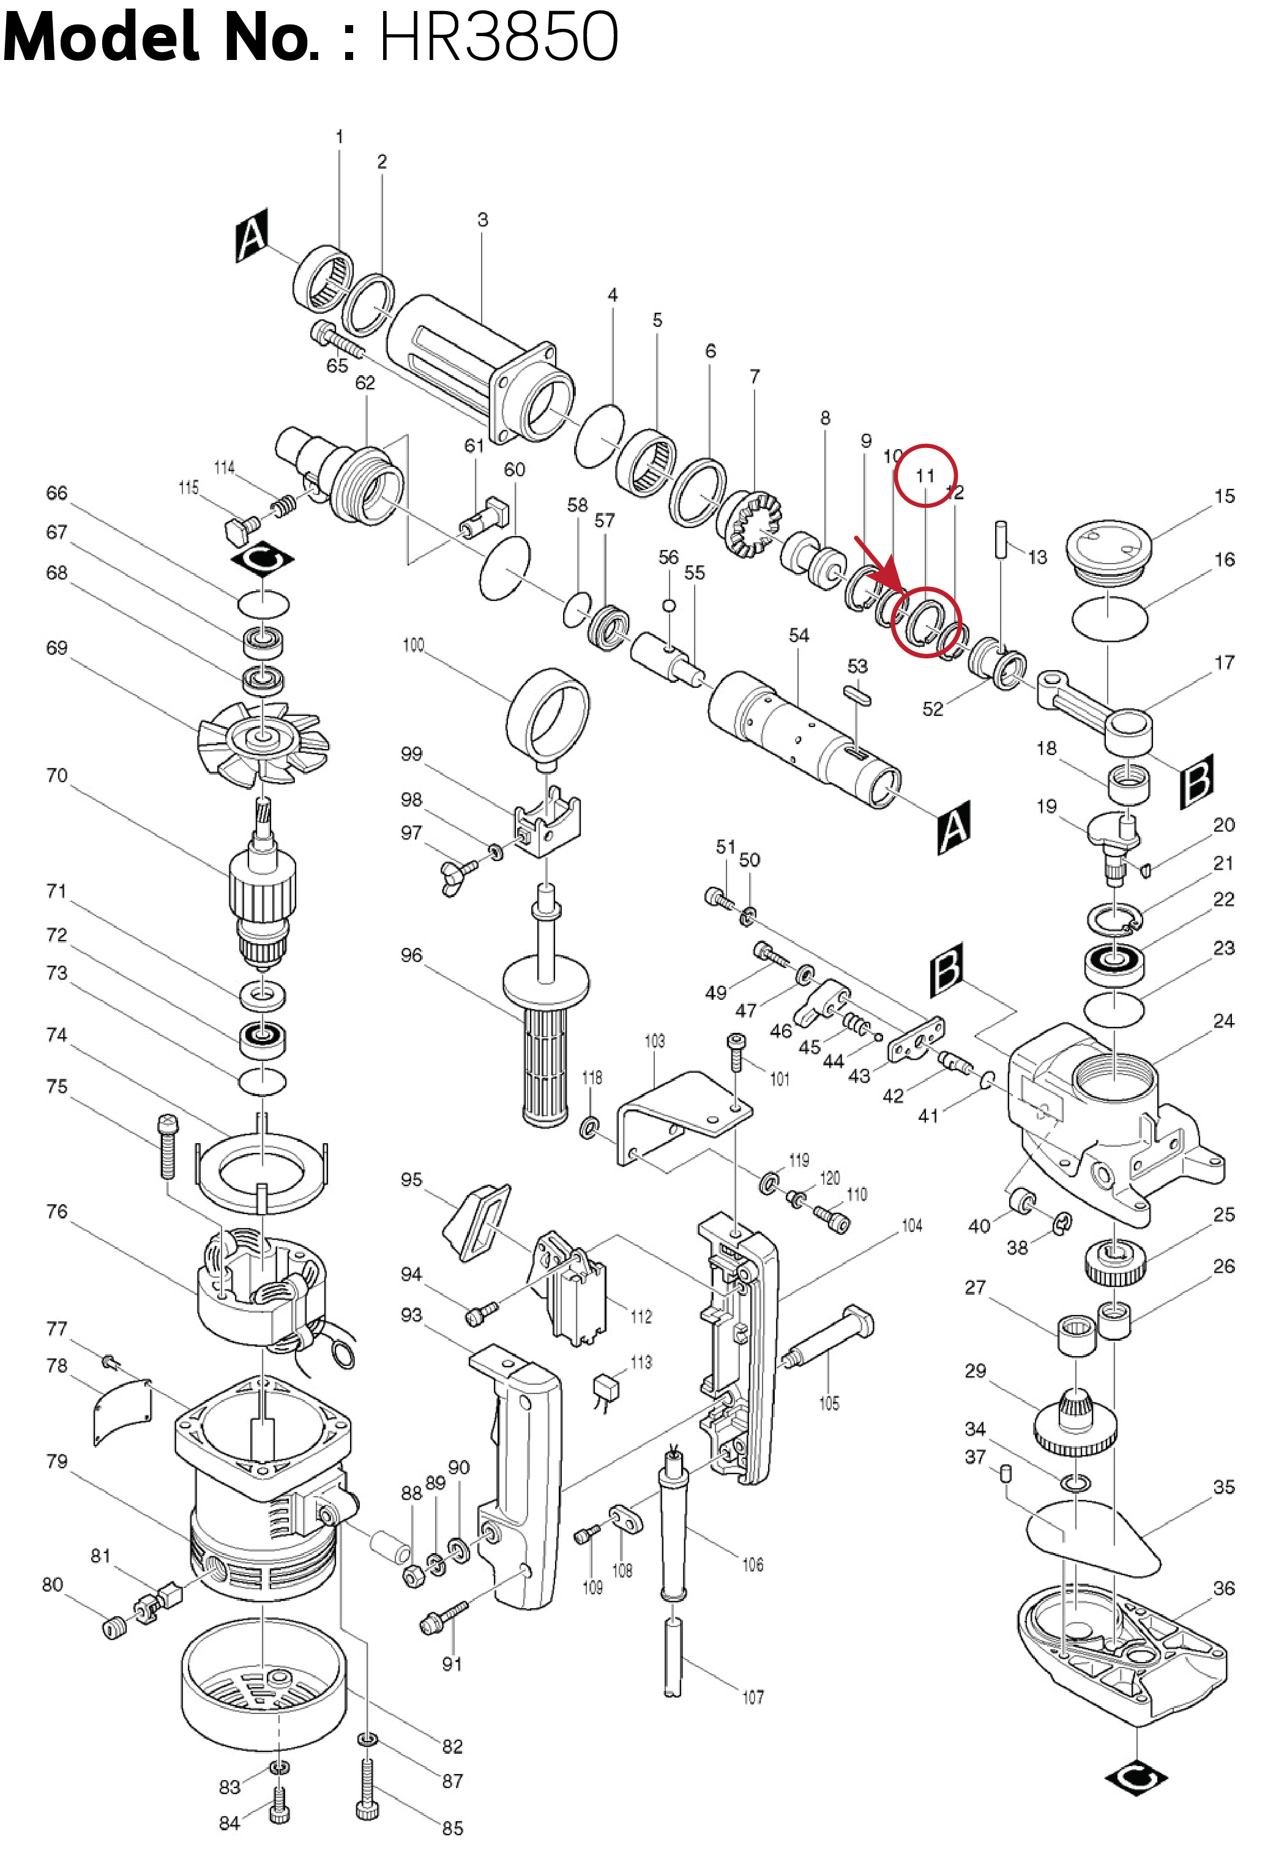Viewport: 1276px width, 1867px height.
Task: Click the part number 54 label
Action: coord(799,635)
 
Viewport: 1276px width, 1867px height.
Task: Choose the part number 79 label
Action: coord(56,1461)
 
